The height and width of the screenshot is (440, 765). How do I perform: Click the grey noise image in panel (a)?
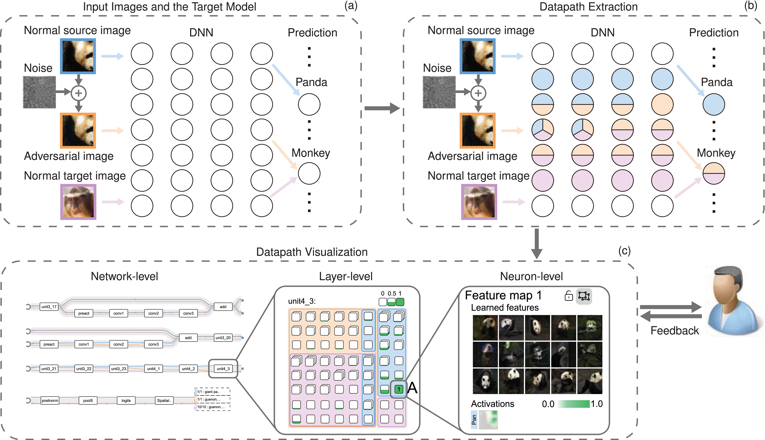(x=39, y=92)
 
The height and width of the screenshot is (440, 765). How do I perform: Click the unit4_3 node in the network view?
(x=223, y=369)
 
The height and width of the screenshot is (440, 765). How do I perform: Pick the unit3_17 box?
(x=49, y=307)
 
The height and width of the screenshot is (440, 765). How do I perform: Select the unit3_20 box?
(x=223, y=338)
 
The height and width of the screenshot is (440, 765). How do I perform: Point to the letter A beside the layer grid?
(x=412, y=388)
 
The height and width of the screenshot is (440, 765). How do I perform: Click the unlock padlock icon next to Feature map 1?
(x=568, y=296)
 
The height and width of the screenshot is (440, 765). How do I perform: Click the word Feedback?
(x=675, y=331)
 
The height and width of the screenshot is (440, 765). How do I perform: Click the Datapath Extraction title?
(x=588, y=7)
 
